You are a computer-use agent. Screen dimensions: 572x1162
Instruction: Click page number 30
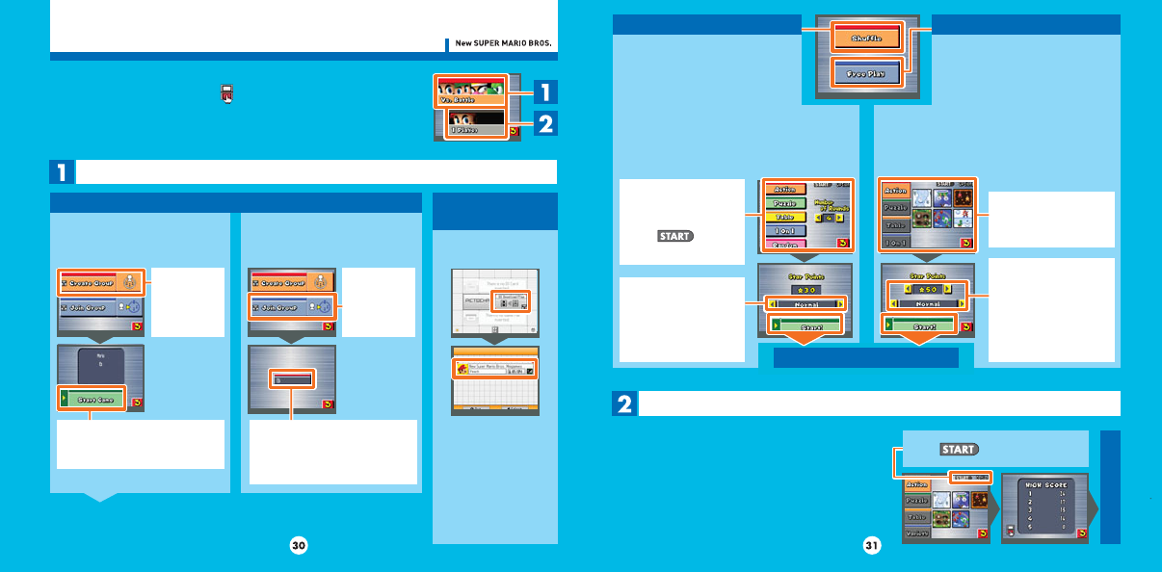click(x=299, y=546)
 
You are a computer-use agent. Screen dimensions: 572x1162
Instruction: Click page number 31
click(x=872, y=546)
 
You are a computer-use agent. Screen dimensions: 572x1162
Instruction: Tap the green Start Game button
click(x=92, y=398)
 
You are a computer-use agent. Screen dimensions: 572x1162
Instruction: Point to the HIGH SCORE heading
click(x=1044, y=481)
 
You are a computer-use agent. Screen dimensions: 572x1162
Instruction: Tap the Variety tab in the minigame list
click(x=916, y=533)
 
